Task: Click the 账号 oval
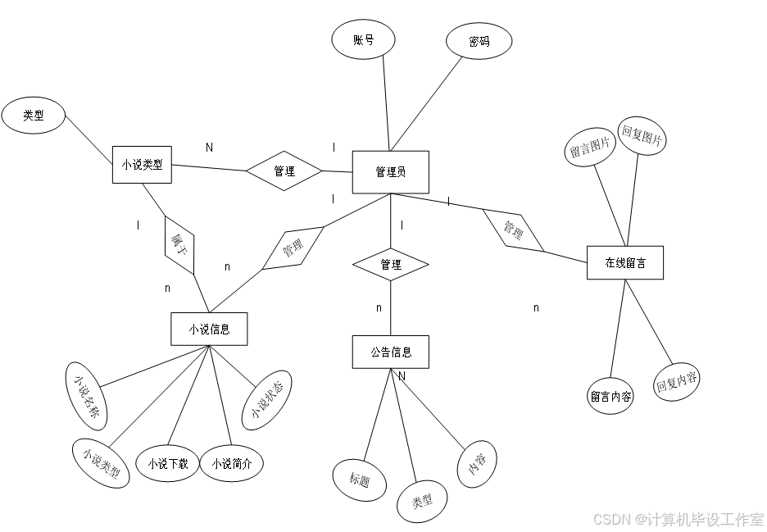coord(364,40)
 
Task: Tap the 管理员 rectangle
coord(391,172)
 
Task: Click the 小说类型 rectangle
coord(142,164)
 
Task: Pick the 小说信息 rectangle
coord(209,330)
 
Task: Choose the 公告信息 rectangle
coord(391,352)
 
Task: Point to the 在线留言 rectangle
coord(625,263)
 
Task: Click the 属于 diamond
coord(179,244)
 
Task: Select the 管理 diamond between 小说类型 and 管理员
coord(284,171)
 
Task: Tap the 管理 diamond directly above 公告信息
coord(391,265)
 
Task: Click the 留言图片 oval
coord(590,148)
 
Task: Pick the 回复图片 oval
coord(642,136)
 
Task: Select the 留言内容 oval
coord(610,397)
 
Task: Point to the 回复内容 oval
coord(677,383)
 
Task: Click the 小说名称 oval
coord(86,396)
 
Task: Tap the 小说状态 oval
coord(267,400)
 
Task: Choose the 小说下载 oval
coord(168,464)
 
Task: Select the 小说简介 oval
coord(232,464)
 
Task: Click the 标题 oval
coord(360,480)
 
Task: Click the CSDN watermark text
coord(677,518)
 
